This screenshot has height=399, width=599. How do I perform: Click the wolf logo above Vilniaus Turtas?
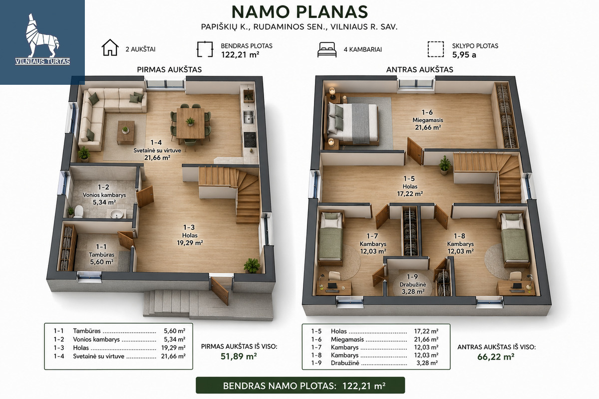tap(42, 35)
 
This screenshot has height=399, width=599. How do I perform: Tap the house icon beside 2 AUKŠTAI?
tap(110, 47)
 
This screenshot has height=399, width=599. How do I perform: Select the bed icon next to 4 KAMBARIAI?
tap(327, 49)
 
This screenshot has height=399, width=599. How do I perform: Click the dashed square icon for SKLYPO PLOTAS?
tap(436, 49)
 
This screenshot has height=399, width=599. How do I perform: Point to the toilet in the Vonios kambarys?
tap(79, 211)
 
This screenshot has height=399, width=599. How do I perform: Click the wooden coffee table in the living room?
tap(126, 132)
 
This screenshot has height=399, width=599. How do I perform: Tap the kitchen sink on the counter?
tap(249, 117)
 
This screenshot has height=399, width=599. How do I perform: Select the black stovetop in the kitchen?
tap(250, 140)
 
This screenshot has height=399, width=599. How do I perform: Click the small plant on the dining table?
tap(190, 122)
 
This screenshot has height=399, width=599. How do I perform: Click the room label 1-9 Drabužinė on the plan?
tap(413, 284)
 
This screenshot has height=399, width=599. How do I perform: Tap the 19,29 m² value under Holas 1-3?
tap(190, 243)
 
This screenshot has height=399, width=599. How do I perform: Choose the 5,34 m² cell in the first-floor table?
tap(174, 340)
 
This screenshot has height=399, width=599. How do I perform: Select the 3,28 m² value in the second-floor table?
tap(427, 363)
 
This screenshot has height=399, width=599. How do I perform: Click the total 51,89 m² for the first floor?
tap(239, 356)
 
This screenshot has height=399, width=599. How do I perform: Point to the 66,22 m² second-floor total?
tap(496, 357)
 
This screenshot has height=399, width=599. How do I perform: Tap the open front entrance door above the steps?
tap(220, 291)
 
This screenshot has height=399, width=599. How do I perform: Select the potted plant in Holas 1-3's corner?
tap(252, 265)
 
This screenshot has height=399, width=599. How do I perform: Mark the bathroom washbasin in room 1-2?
tap(117, 214)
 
